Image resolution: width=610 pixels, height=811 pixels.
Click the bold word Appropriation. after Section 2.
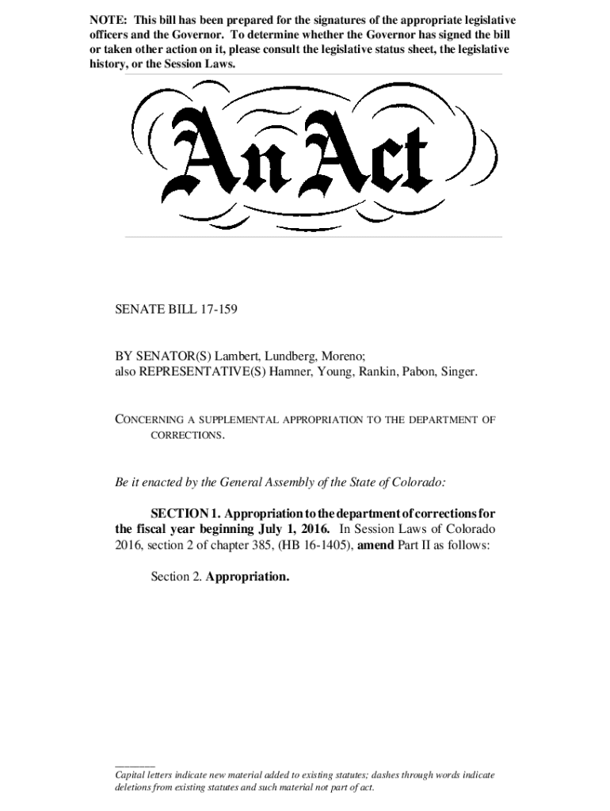[247, 577]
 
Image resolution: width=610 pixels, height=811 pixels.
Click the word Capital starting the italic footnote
[132, 775]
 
